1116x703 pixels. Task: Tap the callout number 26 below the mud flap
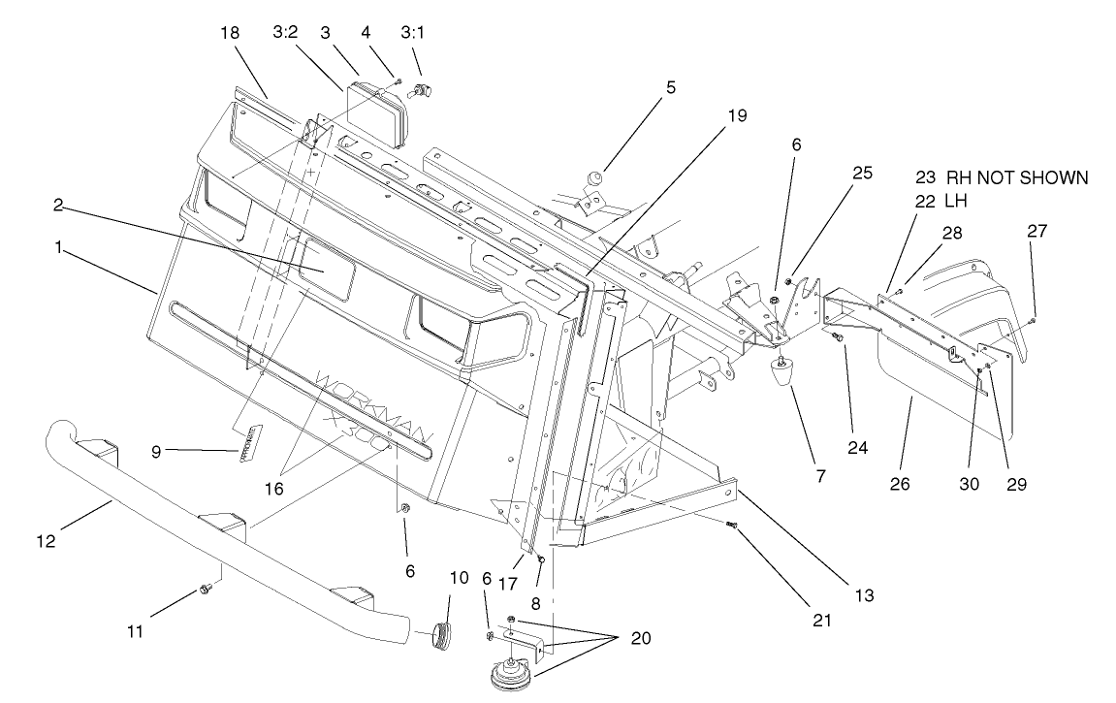tap(899, 483)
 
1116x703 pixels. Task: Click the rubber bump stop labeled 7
tap(781, 373)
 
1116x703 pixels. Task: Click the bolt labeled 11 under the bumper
tap(205, 589)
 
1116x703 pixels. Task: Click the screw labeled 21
tap(733, 525)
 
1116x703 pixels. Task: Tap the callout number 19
tap(738, 115)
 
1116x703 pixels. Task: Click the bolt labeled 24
tap(838, 337)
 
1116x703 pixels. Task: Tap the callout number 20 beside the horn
tap(640, 638)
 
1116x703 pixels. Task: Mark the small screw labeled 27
tap(1034, 319)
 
